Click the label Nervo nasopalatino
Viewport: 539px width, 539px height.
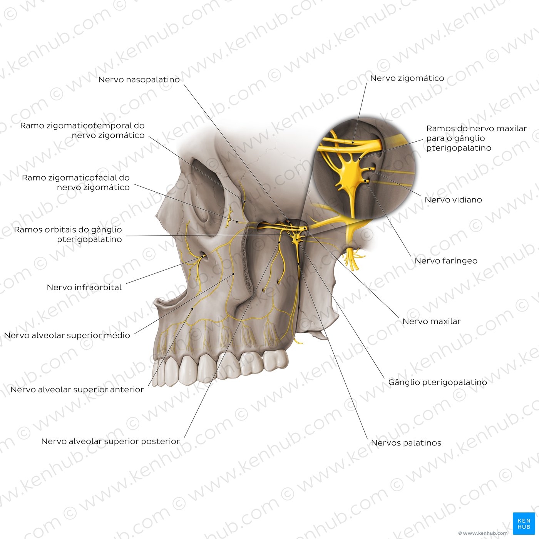pos(139,80)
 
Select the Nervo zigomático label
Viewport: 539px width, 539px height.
pos(407,78)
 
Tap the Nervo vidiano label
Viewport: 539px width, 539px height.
pos(453,200)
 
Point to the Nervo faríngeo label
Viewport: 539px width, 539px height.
pos(446,261)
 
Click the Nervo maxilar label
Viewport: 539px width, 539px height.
pos(431,321)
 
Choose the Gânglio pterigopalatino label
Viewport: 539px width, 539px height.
pos(437,382)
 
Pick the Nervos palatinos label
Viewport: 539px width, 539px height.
pos(406,443)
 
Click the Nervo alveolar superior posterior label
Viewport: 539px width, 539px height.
pos(110,441)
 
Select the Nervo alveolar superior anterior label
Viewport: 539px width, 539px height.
pos(77,390)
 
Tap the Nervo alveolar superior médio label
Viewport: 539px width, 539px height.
pos(67,335)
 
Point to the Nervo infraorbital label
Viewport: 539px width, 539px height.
pos(84,287)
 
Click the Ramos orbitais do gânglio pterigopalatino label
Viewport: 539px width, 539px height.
pos(68,234)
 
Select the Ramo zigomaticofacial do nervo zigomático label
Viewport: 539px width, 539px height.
pos(76,182)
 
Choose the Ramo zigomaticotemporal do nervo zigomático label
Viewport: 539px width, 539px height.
pos(82,131)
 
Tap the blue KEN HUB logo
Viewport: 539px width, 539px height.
pos(524,523)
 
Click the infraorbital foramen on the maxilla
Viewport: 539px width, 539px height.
pos(204,256)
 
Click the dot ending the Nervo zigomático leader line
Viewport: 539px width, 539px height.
pos(353,142)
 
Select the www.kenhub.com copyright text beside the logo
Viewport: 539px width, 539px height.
pos(483,533)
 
